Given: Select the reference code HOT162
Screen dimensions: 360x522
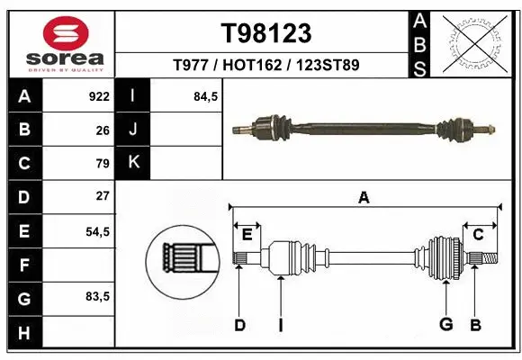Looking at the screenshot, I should click(266, 66).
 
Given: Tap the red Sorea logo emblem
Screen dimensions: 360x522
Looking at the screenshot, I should click(58, 33).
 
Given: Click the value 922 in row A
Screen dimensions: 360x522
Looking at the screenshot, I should click(99, 96).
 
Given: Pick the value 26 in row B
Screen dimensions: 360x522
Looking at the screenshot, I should click(103, 130).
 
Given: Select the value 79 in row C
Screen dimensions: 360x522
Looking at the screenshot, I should click(103, 163).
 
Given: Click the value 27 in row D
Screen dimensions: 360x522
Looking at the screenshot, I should click(103, 196).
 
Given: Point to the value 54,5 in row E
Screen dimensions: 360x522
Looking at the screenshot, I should click(97, 231).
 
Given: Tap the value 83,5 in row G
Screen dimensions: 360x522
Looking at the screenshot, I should click(97, 296).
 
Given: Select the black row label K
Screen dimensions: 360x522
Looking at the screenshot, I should click(133, 163).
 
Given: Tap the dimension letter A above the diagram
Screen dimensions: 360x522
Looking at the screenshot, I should click(364, 198).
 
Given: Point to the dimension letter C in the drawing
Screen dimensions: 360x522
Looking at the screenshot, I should click(478, 235).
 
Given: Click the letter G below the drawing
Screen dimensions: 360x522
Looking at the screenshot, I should click(445, 325).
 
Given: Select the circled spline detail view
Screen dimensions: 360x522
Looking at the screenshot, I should click(183, 262).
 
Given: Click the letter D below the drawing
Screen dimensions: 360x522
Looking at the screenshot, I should click(239, 325).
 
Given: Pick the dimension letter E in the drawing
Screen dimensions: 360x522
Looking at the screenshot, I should click(247, 235).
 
